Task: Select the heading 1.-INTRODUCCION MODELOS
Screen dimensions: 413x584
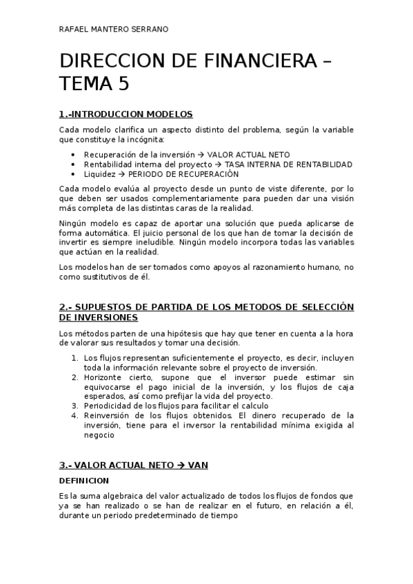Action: pos(125,114)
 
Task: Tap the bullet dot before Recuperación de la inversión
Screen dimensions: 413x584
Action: pos(74,154)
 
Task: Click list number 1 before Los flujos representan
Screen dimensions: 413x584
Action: pos(74,358)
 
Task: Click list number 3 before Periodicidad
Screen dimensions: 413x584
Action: pos(74,406)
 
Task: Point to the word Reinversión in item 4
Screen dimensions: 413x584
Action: pos(107,415)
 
